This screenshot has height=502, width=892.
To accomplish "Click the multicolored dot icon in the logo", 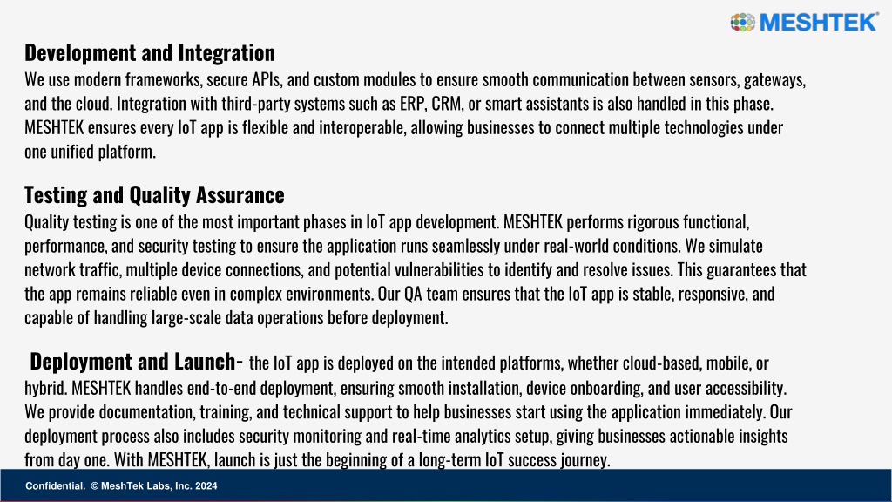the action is [x=742, y=22].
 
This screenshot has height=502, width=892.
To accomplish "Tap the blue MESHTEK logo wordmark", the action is [x=819, y=22].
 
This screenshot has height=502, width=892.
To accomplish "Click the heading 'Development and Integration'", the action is [x=150, y=52].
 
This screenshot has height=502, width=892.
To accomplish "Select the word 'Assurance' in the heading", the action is [x=240, y=194].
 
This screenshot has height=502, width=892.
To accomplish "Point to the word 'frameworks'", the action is [x=164, y=79].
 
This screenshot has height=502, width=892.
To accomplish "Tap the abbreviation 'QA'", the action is [x=413, y=294].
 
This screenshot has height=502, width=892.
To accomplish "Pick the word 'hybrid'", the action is [x=46, y=388].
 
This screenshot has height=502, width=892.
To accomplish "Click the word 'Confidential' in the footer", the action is [x=55, y=486].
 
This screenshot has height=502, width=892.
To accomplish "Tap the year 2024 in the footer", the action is [x=206, y=486].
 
